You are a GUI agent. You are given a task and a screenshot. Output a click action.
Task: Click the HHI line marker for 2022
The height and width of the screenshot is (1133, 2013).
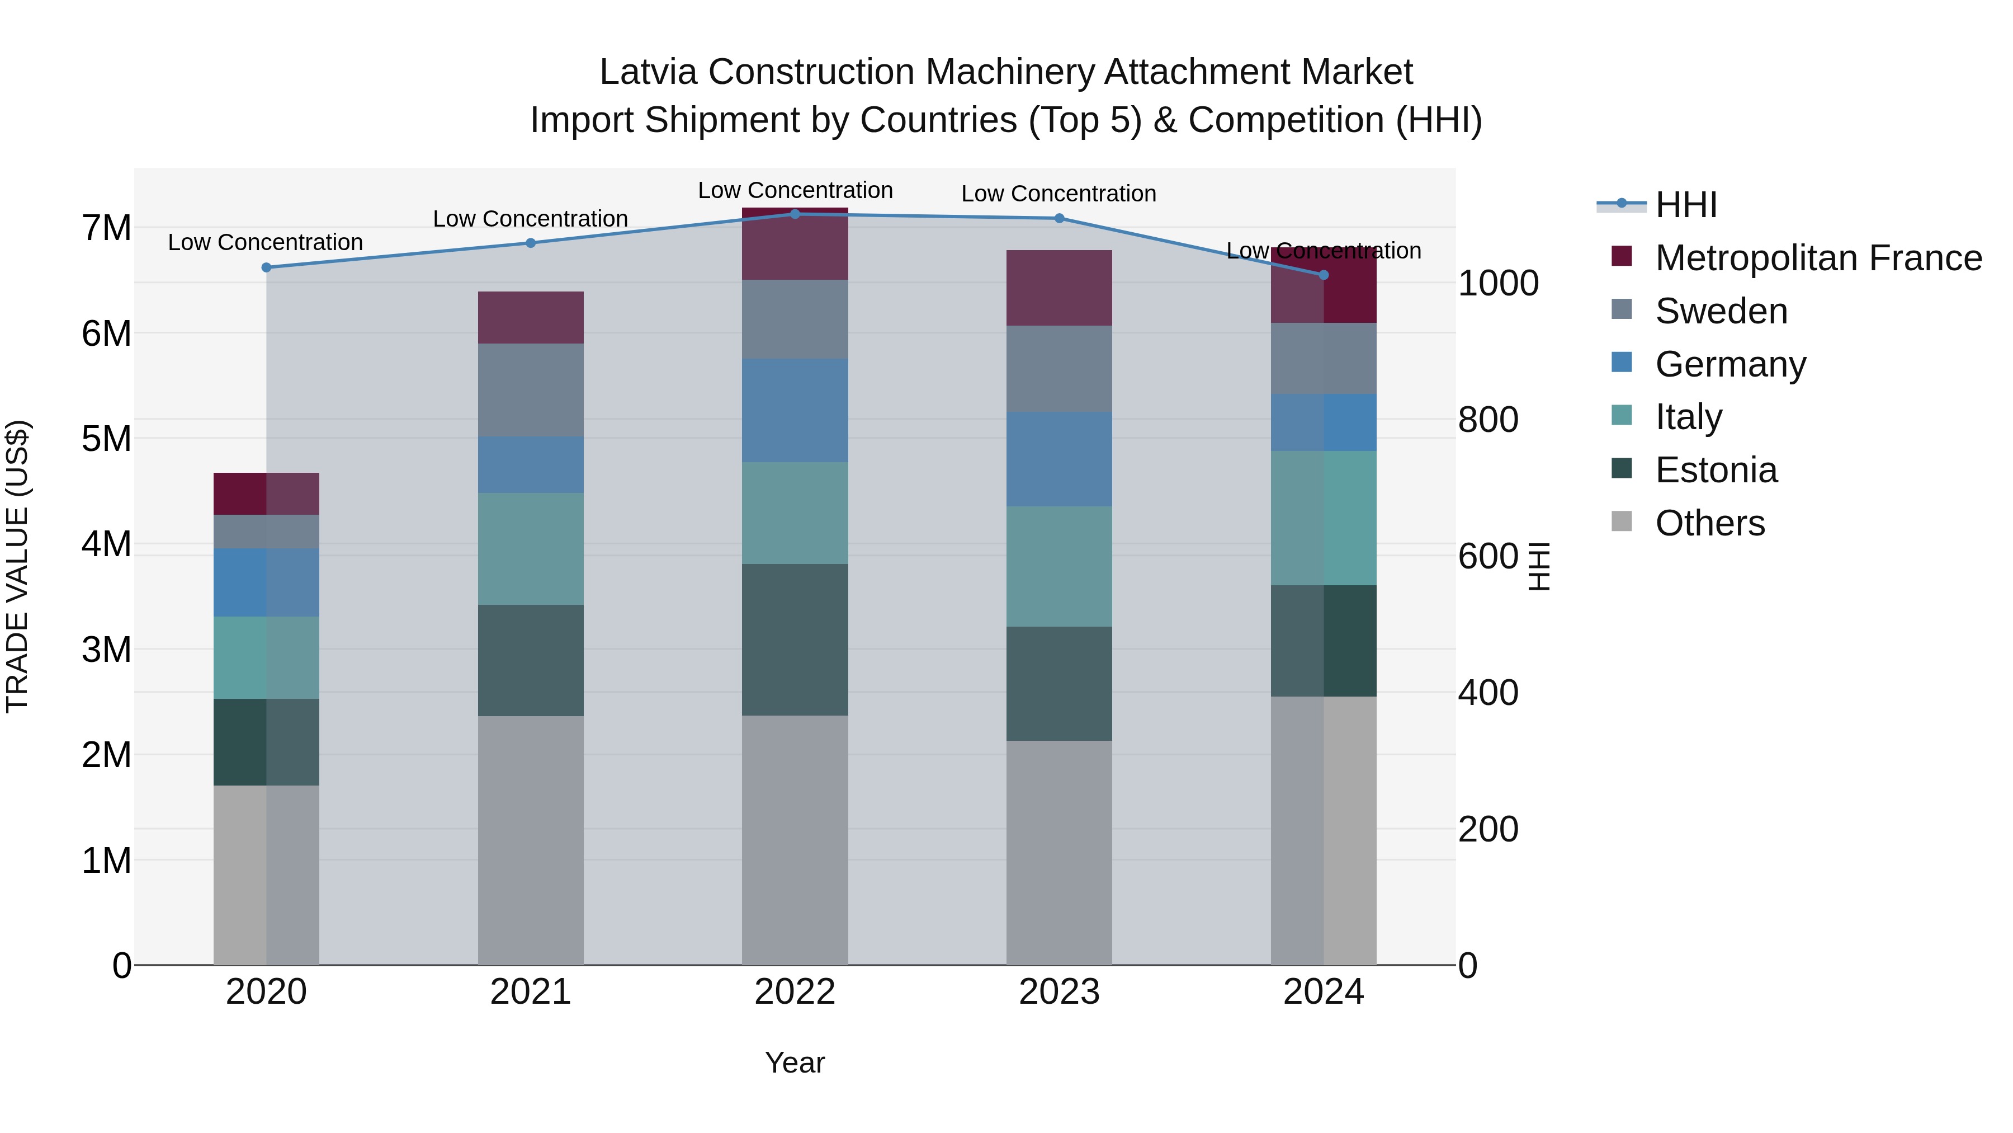coord(795,214)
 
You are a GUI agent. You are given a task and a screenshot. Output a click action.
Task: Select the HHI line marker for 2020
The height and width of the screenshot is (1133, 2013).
coord(267,267)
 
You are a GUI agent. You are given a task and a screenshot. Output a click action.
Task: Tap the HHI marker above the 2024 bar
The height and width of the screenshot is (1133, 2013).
coord(1323,275)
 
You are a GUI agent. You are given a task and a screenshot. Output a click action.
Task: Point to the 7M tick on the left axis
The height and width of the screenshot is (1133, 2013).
coord(106,228)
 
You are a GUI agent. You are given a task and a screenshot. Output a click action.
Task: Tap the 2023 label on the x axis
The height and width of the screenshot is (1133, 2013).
coord(1059,992)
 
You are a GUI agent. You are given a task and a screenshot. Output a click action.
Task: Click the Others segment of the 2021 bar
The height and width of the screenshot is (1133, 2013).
coord(531,840)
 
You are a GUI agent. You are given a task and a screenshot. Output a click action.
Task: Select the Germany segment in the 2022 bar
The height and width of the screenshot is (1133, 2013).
coord(795,411)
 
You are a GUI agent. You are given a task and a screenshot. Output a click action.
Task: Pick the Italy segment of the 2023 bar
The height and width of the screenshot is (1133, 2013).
coord(1059,566)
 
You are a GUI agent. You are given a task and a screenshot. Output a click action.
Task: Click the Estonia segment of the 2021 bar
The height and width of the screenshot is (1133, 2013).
coord(531,660)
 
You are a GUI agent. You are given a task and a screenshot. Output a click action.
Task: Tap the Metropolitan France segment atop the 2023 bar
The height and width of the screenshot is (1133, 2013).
coord(1059,288)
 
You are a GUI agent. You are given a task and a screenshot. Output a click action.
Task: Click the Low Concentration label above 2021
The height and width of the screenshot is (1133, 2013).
coord(530,219)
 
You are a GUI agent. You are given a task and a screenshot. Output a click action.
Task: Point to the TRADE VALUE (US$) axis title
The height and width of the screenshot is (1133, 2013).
coord(17,566)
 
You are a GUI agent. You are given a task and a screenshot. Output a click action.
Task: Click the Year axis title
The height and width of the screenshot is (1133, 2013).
coord(795,1063)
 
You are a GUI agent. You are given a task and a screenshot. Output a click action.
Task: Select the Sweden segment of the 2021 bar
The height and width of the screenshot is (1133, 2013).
coord(531,389)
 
